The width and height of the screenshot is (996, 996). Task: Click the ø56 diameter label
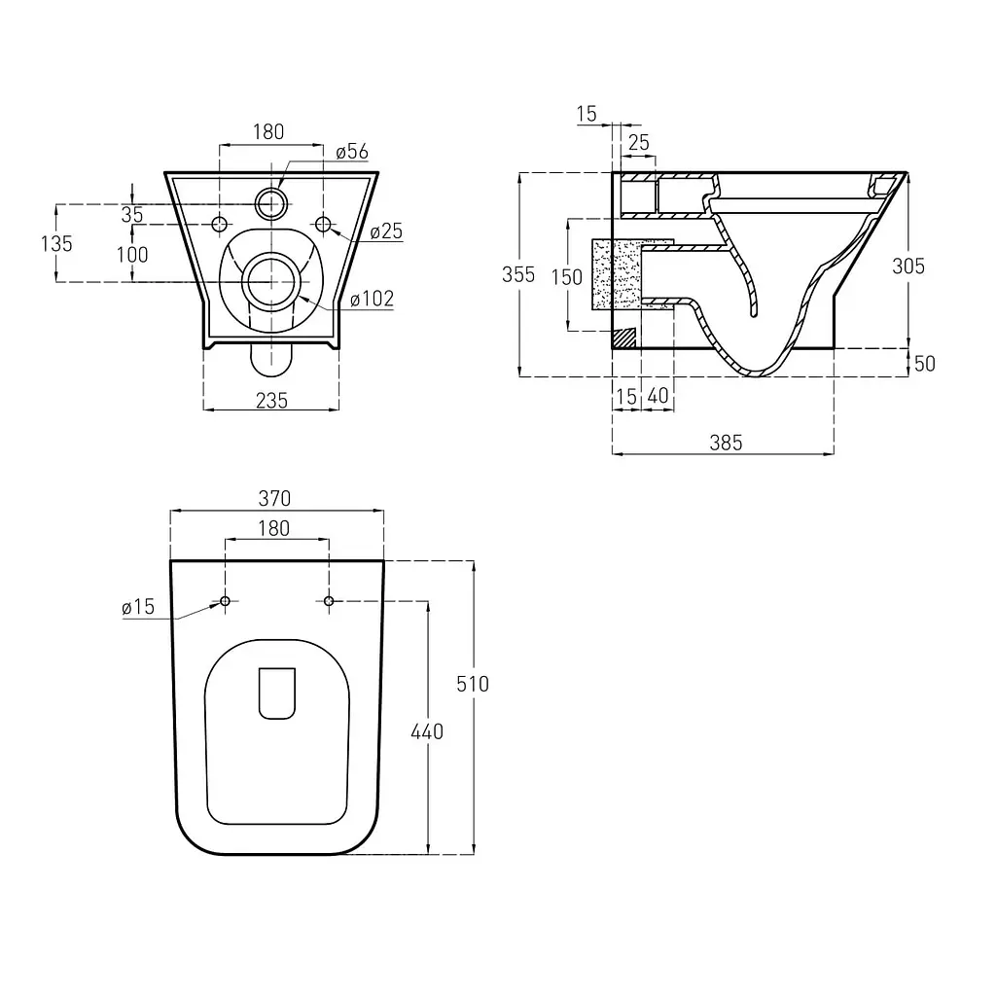(352, 152)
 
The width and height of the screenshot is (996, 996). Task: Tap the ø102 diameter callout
(373, 299)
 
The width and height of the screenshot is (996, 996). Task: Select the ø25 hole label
(386, 231)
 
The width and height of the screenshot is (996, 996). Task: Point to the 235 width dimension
(271, 401)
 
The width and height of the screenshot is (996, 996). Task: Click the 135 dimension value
(56, 243)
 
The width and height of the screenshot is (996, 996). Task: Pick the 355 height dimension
(518, 274)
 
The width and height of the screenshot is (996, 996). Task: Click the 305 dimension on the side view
(908, 267)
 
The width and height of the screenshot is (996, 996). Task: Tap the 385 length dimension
(726, 443)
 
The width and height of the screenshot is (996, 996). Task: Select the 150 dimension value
(567, 277)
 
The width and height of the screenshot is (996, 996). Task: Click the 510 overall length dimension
(473, 684)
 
